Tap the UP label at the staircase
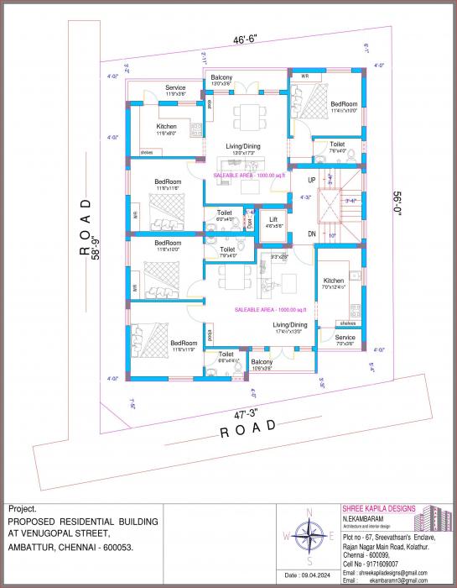(311, 180)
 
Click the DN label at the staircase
(311, 233)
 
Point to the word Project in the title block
(23, 509)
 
